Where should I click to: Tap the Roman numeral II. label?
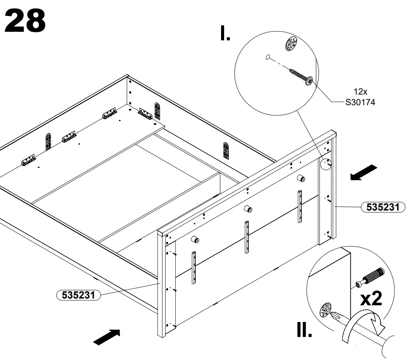click(304, 329)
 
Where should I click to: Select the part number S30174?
click(360, 102)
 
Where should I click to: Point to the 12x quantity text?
click(360, 92)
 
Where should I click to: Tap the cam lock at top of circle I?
click(291, 43)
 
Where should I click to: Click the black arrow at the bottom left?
click(107, 337)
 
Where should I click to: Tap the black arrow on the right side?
click(363, 172)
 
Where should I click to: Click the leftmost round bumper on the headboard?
click(195, 240)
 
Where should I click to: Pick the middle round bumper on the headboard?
click(248, 209)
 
